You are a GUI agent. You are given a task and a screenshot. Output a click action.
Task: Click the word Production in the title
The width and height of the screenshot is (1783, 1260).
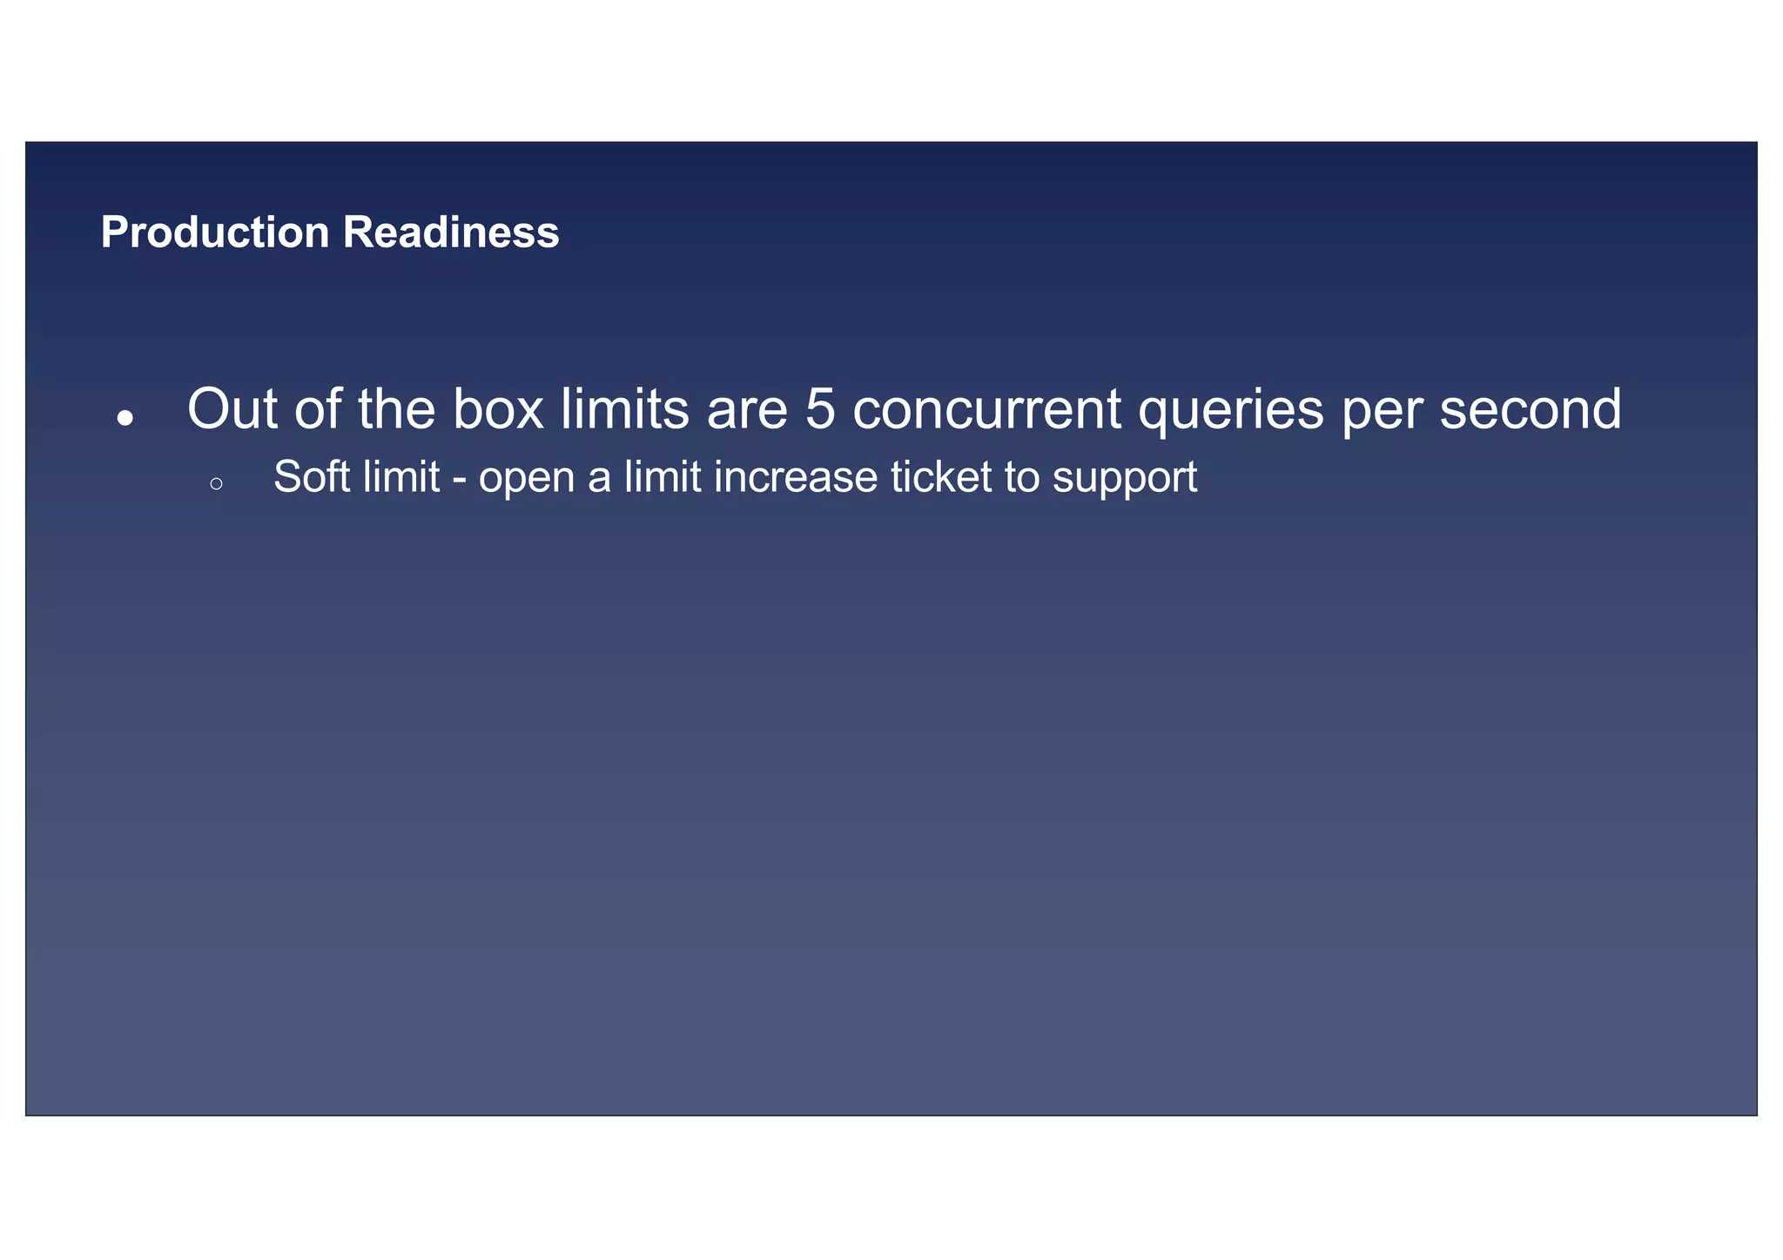coord(214,232)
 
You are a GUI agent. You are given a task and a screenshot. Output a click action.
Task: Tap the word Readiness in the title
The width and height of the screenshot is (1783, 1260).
coord(450,232)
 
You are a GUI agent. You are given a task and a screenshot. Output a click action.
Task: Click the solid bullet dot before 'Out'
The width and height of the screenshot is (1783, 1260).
coord(125,418)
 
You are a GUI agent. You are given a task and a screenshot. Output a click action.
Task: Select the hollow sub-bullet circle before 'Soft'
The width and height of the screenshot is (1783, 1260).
coord(217,484)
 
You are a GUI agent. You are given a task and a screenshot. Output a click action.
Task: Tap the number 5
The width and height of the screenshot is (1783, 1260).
coord(819,409)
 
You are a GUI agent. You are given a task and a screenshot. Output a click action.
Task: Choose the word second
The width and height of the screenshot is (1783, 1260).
coord(1531,409)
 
